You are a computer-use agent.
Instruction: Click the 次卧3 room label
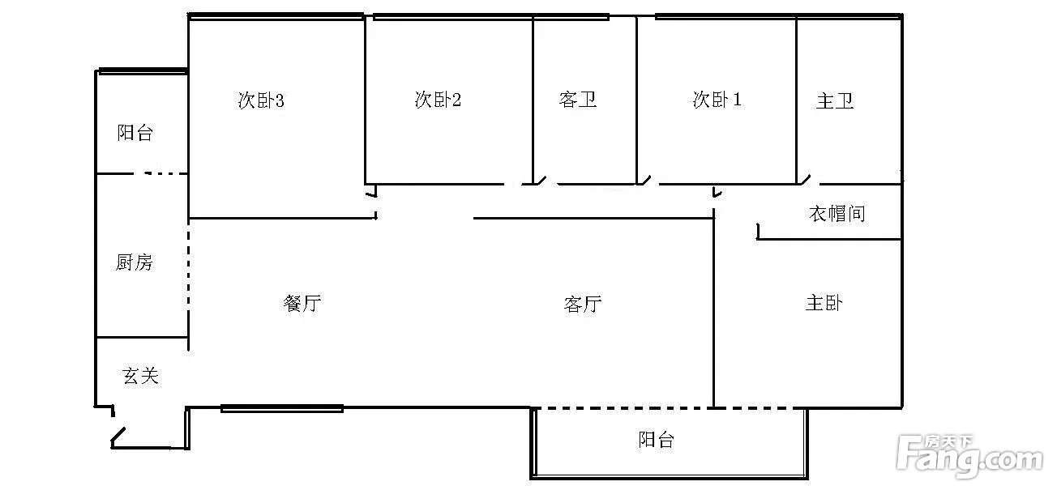pyautogui.click(x=260, y=100)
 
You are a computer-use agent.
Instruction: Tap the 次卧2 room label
pyautogui.click(x=438, y=100)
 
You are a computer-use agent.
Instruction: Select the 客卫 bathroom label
pyautogui.click(x=578, y=100)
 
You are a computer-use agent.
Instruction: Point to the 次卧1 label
pyautogui.click(x=717, y=100)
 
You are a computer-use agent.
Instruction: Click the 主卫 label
pyautogui.click(x=835, y=101)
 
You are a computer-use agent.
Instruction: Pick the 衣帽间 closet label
pyautogui.click(x=837, y=214)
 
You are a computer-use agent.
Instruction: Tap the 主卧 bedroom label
pyautogui.click(x=824, y=303)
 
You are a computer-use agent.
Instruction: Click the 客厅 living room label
pyautogui.click(x=582, y=304)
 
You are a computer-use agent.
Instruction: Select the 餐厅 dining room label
pyautogui.click(x=302, y=304)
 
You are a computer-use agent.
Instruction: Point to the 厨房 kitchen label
pyautogui.click(x=135, y=262)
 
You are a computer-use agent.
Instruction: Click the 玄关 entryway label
pyautogui.click(x=140, y=376)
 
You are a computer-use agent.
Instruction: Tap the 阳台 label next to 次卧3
pyautogui.click(x=135, y=133)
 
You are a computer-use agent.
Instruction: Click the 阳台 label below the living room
pyautogui.click(x=656, y=440)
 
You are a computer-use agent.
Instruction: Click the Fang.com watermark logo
pyautogui.click(x=969, y=457)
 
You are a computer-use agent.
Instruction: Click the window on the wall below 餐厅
pyautogui.click(x=281, y=408)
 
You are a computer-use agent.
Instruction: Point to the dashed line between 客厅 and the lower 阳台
pyautogui.click(x=623, y=407)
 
